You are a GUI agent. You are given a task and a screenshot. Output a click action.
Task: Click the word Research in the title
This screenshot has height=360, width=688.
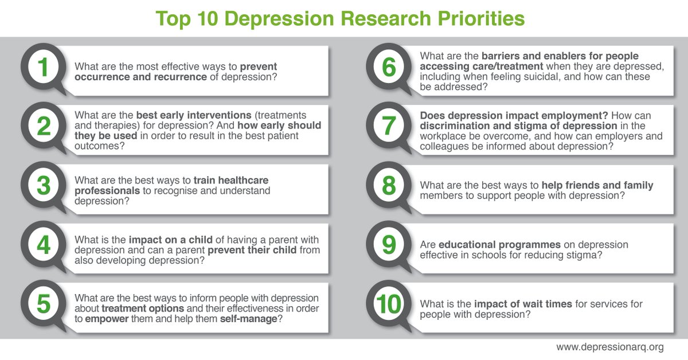point(386,18)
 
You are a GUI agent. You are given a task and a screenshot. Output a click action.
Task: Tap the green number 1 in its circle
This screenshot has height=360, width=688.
point(43,67)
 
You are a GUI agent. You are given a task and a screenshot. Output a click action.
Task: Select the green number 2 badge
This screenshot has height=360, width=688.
point(44,126)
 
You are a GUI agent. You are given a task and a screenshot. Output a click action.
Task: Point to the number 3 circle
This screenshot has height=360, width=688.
point(44,186)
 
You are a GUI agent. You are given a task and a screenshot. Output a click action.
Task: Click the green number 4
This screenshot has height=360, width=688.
point(44,245)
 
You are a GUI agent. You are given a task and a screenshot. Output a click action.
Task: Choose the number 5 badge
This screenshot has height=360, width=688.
point(44,304)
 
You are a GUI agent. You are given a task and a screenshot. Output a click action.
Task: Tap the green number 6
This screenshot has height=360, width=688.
point(389,67)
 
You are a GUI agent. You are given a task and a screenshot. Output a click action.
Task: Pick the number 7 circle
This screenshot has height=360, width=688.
point(389,126)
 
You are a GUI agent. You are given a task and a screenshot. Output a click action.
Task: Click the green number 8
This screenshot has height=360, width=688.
point(389,186)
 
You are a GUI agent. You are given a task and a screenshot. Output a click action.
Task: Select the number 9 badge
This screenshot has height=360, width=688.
point(389,245)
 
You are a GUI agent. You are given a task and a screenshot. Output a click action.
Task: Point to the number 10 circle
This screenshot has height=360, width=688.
point(389,304)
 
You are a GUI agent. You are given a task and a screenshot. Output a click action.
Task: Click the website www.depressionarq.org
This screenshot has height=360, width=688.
point(610,347)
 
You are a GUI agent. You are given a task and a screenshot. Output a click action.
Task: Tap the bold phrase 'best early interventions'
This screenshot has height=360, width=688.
point(194,115)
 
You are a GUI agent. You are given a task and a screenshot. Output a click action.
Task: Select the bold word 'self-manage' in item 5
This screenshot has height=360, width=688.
point(249,319)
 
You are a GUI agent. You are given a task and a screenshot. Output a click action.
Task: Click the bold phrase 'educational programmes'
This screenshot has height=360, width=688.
point(500,245)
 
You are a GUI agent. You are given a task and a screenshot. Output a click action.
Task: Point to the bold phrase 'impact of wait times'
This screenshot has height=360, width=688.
point(523,304)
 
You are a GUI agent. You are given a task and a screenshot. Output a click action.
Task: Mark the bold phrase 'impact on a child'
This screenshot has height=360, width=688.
point(170,240)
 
